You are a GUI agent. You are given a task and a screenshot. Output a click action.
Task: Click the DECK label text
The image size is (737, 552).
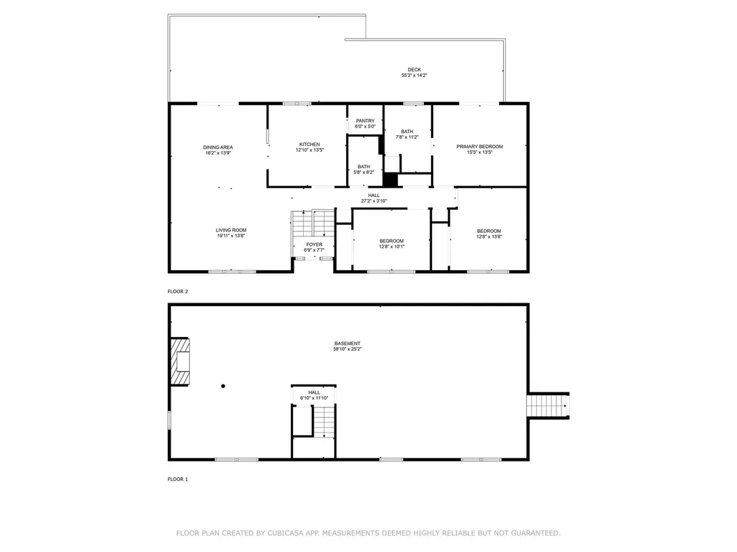(414, 70)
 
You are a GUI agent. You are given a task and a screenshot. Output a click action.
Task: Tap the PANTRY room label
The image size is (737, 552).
(365, 121)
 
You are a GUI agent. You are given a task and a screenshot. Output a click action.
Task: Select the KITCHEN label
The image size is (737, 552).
(309, 144)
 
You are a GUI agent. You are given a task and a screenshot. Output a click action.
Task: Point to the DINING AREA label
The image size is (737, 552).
(218, 147)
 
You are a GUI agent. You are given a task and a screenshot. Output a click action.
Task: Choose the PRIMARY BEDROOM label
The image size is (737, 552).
(479, 147)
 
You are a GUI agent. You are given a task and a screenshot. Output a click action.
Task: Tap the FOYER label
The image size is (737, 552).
(315, 244)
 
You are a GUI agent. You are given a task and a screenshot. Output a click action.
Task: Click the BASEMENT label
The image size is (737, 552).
(347, 344)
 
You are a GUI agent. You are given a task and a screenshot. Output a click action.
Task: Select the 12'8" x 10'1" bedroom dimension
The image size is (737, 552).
(392, 247)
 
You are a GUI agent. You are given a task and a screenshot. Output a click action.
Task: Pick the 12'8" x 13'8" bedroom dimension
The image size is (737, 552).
(489, 236)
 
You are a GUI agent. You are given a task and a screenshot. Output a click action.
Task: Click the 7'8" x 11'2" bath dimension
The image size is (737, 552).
(407, 137)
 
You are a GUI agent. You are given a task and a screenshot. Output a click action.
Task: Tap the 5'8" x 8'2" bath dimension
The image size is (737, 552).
(363, 172)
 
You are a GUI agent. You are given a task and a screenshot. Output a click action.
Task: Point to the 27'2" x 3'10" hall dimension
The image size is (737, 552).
(374, 201)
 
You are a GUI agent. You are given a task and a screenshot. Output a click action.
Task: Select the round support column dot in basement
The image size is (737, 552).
(223, 386)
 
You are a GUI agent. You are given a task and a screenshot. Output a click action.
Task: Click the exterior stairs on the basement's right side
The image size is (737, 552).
(548, 405)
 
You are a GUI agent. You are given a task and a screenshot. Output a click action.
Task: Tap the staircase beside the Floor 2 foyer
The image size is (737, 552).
(314, 224)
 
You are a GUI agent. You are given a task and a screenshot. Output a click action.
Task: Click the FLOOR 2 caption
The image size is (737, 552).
(178, 292)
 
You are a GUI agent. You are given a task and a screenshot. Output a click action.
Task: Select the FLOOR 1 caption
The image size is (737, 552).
(178, 479)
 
